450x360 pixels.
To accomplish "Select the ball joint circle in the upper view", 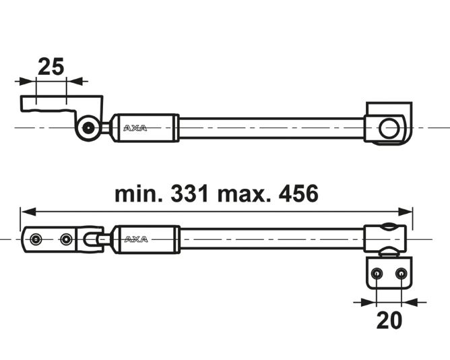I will [86, 127].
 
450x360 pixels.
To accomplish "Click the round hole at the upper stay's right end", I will [388, 127].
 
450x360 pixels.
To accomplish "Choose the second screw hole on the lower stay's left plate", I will [66, 239].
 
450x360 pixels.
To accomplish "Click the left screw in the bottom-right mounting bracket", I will [377, 273].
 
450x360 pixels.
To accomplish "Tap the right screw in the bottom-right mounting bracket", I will [401, 273].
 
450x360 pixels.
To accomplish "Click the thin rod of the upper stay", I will [269, 127].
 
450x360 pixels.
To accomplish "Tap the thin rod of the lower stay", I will [269, 239].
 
